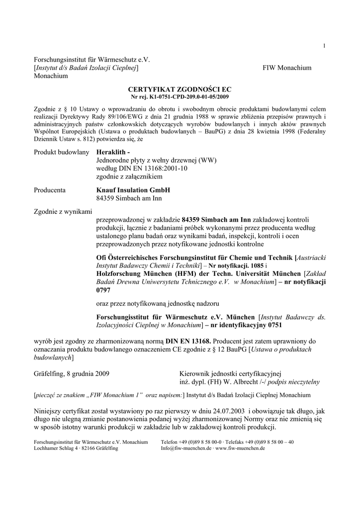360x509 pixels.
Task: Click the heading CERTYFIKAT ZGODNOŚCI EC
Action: [x=180, y=88]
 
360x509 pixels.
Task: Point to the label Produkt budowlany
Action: [x=61, y=152]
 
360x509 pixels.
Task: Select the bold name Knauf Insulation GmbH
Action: [x=133, y=190]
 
